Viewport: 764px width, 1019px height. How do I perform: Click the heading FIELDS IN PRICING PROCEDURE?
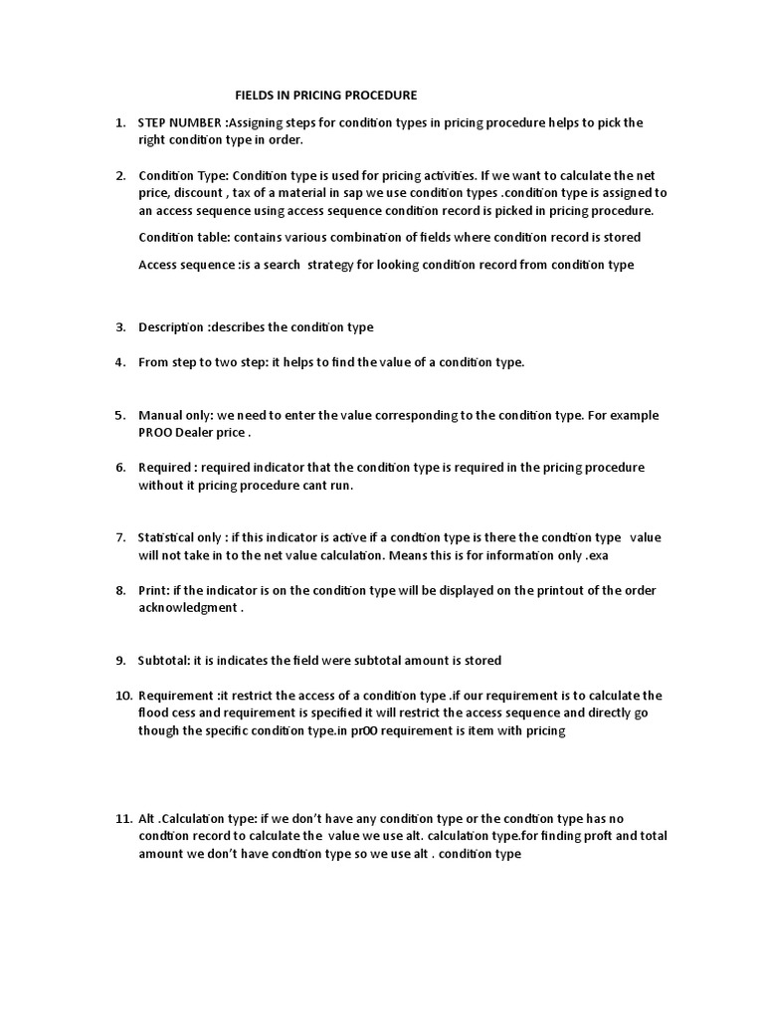point(325,96)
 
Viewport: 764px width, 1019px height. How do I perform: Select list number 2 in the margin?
point(119,175)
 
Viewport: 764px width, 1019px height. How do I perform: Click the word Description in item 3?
point(170,326)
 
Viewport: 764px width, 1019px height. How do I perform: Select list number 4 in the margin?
point(119,362)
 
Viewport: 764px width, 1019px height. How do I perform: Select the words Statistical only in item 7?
point(180,537)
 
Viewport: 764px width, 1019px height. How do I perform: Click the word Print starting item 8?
point(153,590)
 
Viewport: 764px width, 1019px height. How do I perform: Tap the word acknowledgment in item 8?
point(187,608)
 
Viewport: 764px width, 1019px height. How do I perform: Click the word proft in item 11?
point(563,836)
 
